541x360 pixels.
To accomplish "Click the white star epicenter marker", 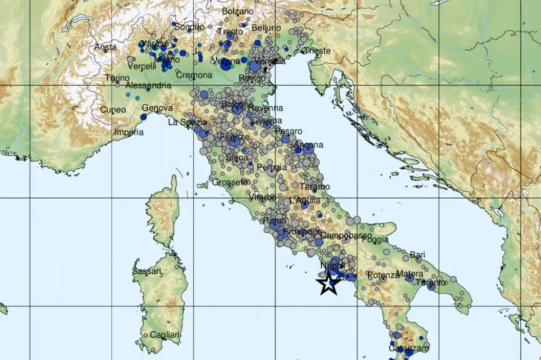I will pyautogui.click(x=329, y=283).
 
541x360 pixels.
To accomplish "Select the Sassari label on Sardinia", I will pyautogui.click(x=148, y=272).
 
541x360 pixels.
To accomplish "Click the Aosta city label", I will pyautogui.click(x=105, y=47).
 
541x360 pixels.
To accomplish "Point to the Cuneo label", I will pyautogui.click(x=113, y=110).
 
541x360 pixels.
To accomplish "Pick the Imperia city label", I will pyautogui.click(x=128, y=133).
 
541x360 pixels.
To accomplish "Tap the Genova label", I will pyautogui.click(x=157, y=108).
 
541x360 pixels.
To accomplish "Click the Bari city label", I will pyautogui.click(x=417, y=255).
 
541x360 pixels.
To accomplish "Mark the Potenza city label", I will pyautogui.click(x=383, y=275).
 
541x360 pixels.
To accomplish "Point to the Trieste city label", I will pyautogui.click(x=317, y=51).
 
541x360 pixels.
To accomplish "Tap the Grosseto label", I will pyautogui.click(x=230, y=182).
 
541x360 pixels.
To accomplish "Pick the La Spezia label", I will pyautogui.click(x=187, y=122).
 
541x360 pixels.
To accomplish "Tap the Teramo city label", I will pyautogui.click(x=315, y=187).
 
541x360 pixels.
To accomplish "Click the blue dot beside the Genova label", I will pyautogui.click(x=144, y=117).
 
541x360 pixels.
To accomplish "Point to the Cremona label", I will pyautogui.click(x=194, y=75).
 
